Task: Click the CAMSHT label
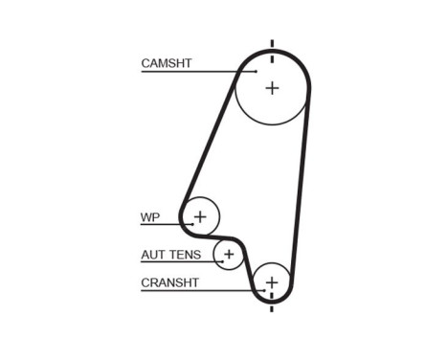(167, 63)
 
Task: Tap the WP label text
(149, 217)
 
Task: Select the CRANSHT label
(169, 282)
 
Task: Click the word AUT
(153, 255)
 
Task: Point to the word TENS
(184, 255)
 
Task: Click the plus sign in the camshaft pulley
(272, 88)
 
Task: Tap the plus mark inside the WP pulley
(200, 216)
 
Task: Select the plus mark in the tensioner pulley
(229, 255)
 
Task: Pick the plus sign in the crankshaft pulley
(272, 282)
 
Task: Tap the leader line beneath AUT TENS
(177, 262)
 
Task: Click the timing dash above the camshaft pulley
(272, 46)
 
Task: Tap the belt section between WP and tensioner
(222, 234)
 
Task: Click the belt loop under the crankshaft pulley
(272, 302)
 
